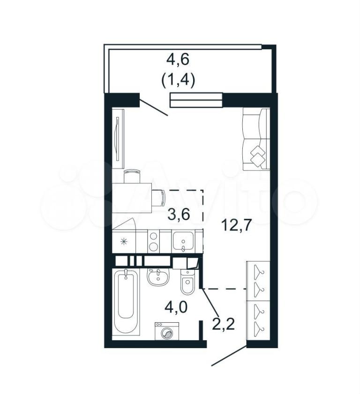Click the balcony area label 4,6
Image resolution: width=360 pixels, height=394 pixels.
point(178,60)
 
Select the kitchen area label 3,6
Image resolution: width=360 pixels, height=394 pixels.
point(179,215)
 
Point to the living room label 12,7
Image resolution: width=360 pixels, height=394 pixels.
point(236,224)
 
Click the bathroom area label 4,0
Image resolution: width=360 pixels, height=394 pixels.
point(176,307)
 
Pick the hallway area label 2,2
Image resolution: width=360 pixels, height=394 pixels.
point(224,324)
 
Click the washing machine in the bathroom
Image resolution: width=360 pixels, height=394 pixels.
point(167,331)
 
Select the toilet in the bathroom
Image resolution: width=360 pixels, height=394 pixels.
point(187,282)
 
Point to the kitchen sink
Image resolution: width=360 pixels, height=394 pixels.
point(183,241)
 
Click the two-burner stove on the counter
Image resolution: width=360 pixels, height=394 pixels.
point(153,241)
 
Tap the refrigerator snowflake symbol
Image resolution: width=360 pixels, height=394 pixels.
point(124,241)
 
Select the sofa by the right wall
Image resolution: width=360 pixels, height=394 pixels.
point(256,140)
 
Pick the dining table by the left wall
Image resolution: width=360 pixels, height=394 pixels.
point(132,198)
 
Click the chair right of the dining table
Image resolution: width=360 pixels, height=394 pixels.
point(158,198)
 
